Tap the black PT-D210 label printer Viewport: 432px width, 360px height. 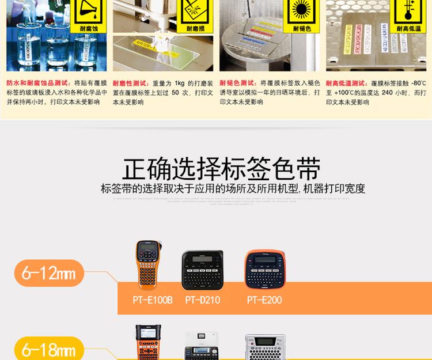pos(202,270)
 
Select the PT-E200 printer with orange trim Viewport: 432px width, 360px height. pos(264,269)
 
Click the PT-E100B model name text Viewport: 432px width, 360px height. pos(153,300)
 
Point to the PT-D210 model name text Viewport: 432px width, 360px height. pos(203,300)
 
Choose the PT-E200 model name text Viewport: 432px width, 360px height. pos(264,300)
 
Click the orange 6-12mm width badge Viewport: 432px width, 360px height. pos(49,273)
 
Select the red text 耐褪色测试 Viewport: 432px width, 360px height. pos(238,83)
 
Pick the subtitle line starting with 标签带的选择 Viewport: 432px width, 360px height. pos(233,188)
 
